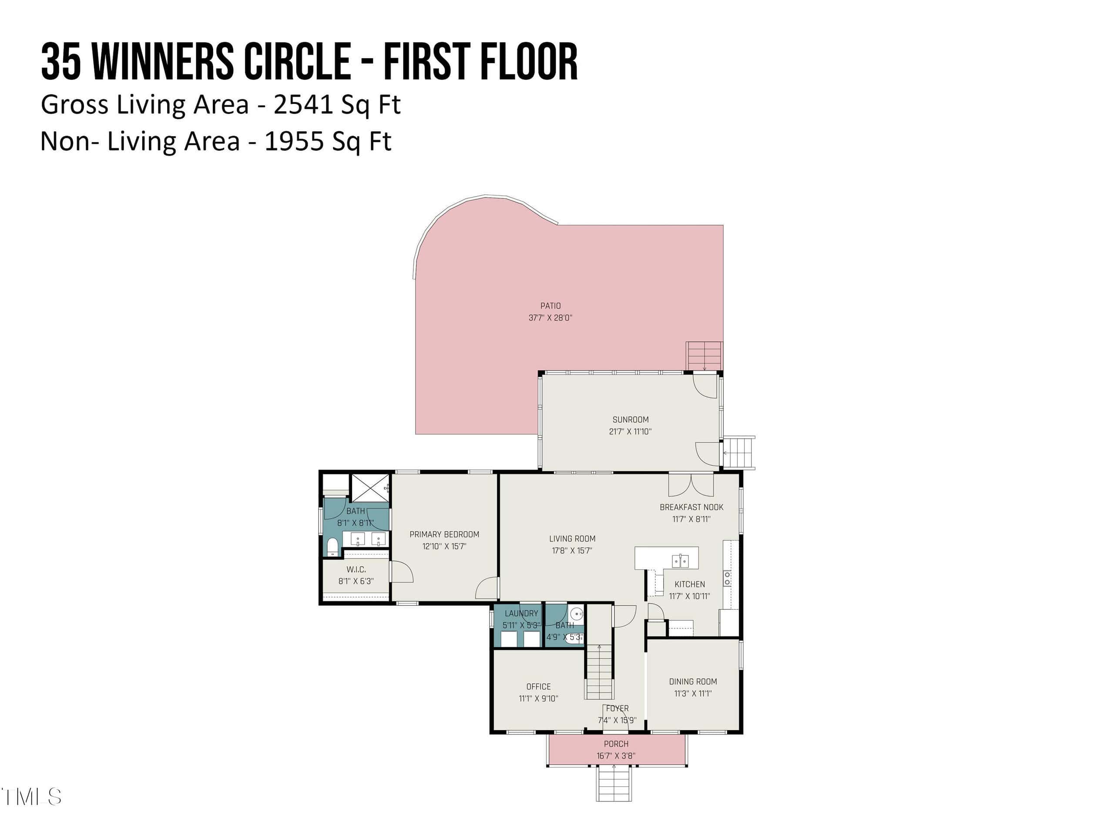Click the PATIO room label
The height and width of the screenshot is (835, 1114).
pos(550,306)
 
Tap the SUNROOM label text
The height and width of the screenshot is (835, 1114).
pos(631,420)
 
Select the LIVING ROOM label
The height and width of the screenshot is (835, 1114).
pos(572,539)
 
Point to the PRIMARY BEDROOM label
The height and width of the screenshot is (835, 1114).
pos(444,534)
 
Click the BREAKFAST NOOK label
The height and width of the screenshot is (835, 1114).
pos(691,508)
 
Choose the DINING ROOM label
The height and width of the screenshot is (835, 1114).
pos(693,681)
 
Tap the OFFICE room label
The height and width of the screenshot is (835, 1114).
pos(538,687)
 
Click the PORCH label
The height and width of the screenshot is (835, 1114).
pos(616,744)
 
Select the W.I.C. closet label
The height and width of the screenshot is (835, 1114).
pos(356,570)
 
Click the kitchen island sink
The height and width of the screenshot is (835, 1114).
pos(681,560)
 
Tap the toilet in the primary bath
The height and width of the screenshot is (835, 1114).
pos(332,547)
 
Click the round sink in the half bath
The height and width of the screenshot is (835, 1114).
pos(577,614)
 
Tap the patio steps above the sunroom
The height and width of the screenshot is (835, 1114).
pos(705,356)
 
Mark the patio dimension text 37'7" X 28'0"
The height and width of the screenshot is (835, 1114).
pos(550,318)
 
